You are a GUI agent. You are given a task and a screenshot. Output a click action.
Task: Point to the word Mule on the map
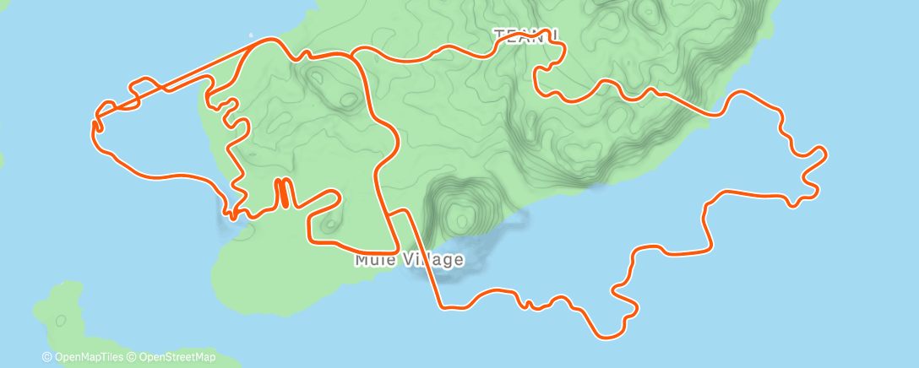[372, 260]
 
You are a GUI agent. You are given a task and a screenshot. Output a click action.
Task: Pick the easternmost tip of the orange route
[825, 153]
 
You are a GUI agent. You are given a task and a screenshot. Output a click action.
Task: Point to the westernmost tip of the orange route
[92, 127]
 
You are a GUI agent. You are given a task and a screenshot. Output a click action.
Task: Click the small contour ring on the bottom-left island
[60, 321]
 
